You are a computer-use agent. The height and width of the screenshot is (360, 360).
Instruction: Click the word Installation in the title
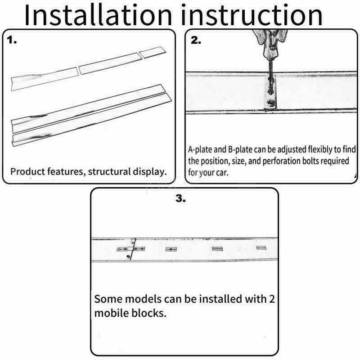(x=98, y=15)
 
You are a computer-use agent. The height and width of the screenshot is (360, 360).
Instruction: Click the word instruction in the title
(x=252, y=15)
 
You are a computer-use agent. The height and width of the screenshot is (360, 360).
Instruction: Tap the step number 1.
(x=12, y=40)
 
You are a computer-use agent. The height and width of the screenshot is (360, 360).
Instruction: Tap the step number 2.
(x=196, y=40)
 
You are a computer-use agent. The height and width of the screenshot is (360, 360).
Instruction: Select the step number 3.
(x=181, y=198)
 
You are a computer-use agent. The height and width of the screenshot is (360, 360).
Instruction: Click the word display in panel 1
(x=149, y=171)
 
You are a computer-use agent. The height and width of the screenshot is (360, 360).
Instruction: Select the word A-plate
(x=200, y=149)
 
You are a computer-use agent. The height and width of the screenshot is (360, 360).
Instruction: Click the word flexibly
(x=320, y=149)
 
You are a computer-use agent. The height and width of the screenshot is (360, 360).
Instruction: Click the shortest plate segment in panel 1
(x=153, y=52)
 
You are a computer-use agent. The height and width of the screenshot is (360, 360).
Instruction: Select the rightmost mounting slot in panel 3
(x=261, y=248)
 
